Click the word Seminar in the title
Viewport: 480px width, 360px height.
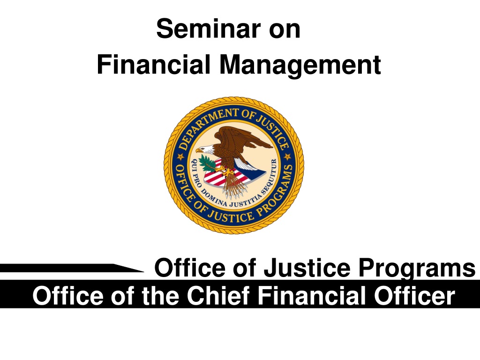pos(209,29)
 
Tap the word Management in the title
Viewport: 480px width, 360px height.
pos(300,65)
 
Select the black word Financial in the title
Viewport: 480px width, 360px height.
pos(153,64)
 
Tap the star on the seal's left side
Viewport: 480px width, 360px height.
pos(180,157)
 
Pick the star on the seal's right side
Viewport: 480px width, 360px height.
pos(287,157)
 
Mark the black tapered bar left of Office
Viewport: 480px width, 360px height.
pos(72,268)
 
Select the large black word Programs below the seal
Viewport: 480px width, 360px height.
pos(417,269)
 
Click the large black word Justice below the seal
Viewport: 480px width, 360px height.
pos(307,268)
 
